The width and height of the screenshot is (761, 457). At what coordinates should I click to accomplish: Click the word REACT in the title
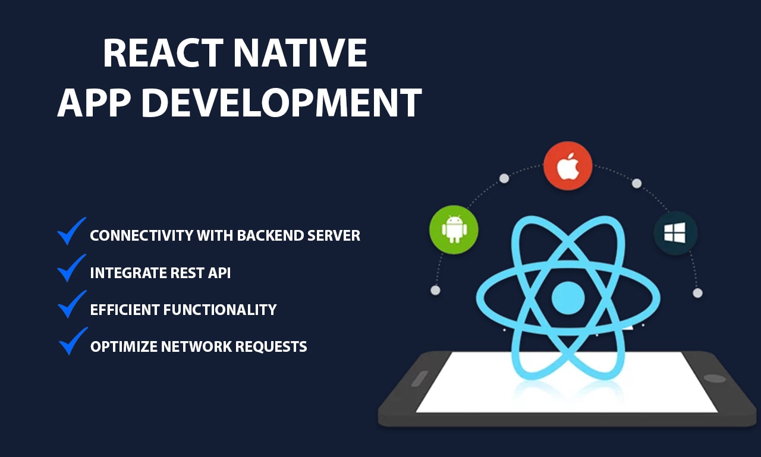point(163,53)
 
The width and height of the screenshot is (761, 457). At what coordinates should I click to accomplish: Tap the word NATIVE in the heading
point(300,53)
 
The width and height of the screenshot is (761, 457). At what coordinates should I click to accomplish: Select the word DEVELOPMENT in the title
point(282,102)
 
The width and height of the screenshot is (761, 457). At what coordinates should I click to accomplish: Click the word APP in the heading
point(94,102)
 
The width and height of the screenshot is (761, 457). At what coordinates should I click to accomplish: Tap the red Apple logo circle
point(568,166)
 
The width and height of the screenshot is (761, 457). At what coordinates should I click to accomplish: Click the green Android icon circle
point(454,229)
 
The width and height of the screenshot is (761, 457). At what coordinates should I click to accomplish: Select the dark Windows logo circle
point(675,233)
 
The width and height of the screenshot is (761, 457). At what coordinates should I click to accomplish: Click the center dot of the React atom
point(568,298)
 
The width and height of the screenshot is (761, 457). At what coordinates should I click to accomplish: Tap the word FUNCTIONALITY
point(220,310)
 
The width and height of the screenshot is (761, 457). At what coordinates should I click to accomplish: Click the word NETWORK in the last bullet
point(196,346)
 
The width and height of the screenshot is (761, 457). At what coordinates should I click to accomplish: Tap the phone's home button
point(715,378)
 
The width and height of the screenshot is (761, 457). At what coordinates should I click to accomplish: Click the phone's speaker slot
point(420,378)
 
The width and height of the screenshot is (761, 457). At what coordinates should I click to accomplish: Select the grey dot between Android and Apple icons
point(504,178)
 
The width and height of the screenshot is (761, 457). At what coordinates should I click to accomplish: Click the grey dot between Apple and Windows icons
point(637,184)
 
